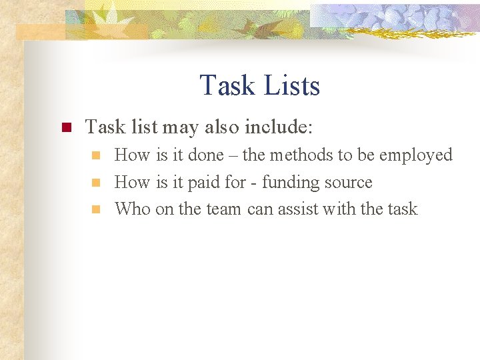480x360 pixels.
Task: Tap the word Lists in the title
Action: (291, 85)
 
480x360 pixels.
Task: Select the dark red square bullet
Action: (66, 127)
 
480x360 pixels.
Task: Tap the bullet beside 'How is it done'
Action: (96, 155)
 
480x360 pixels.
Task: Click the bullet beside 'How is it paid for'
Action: (96, 182)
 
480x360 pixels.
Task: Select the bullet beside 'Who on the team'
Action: (96, 209)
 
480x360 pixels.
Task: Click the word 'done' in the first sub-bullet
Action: (205, 155)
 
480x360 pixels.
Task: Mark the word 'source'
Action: (349, 183)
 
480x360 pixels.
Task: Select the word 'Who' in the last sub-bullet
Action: (133, 209)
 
